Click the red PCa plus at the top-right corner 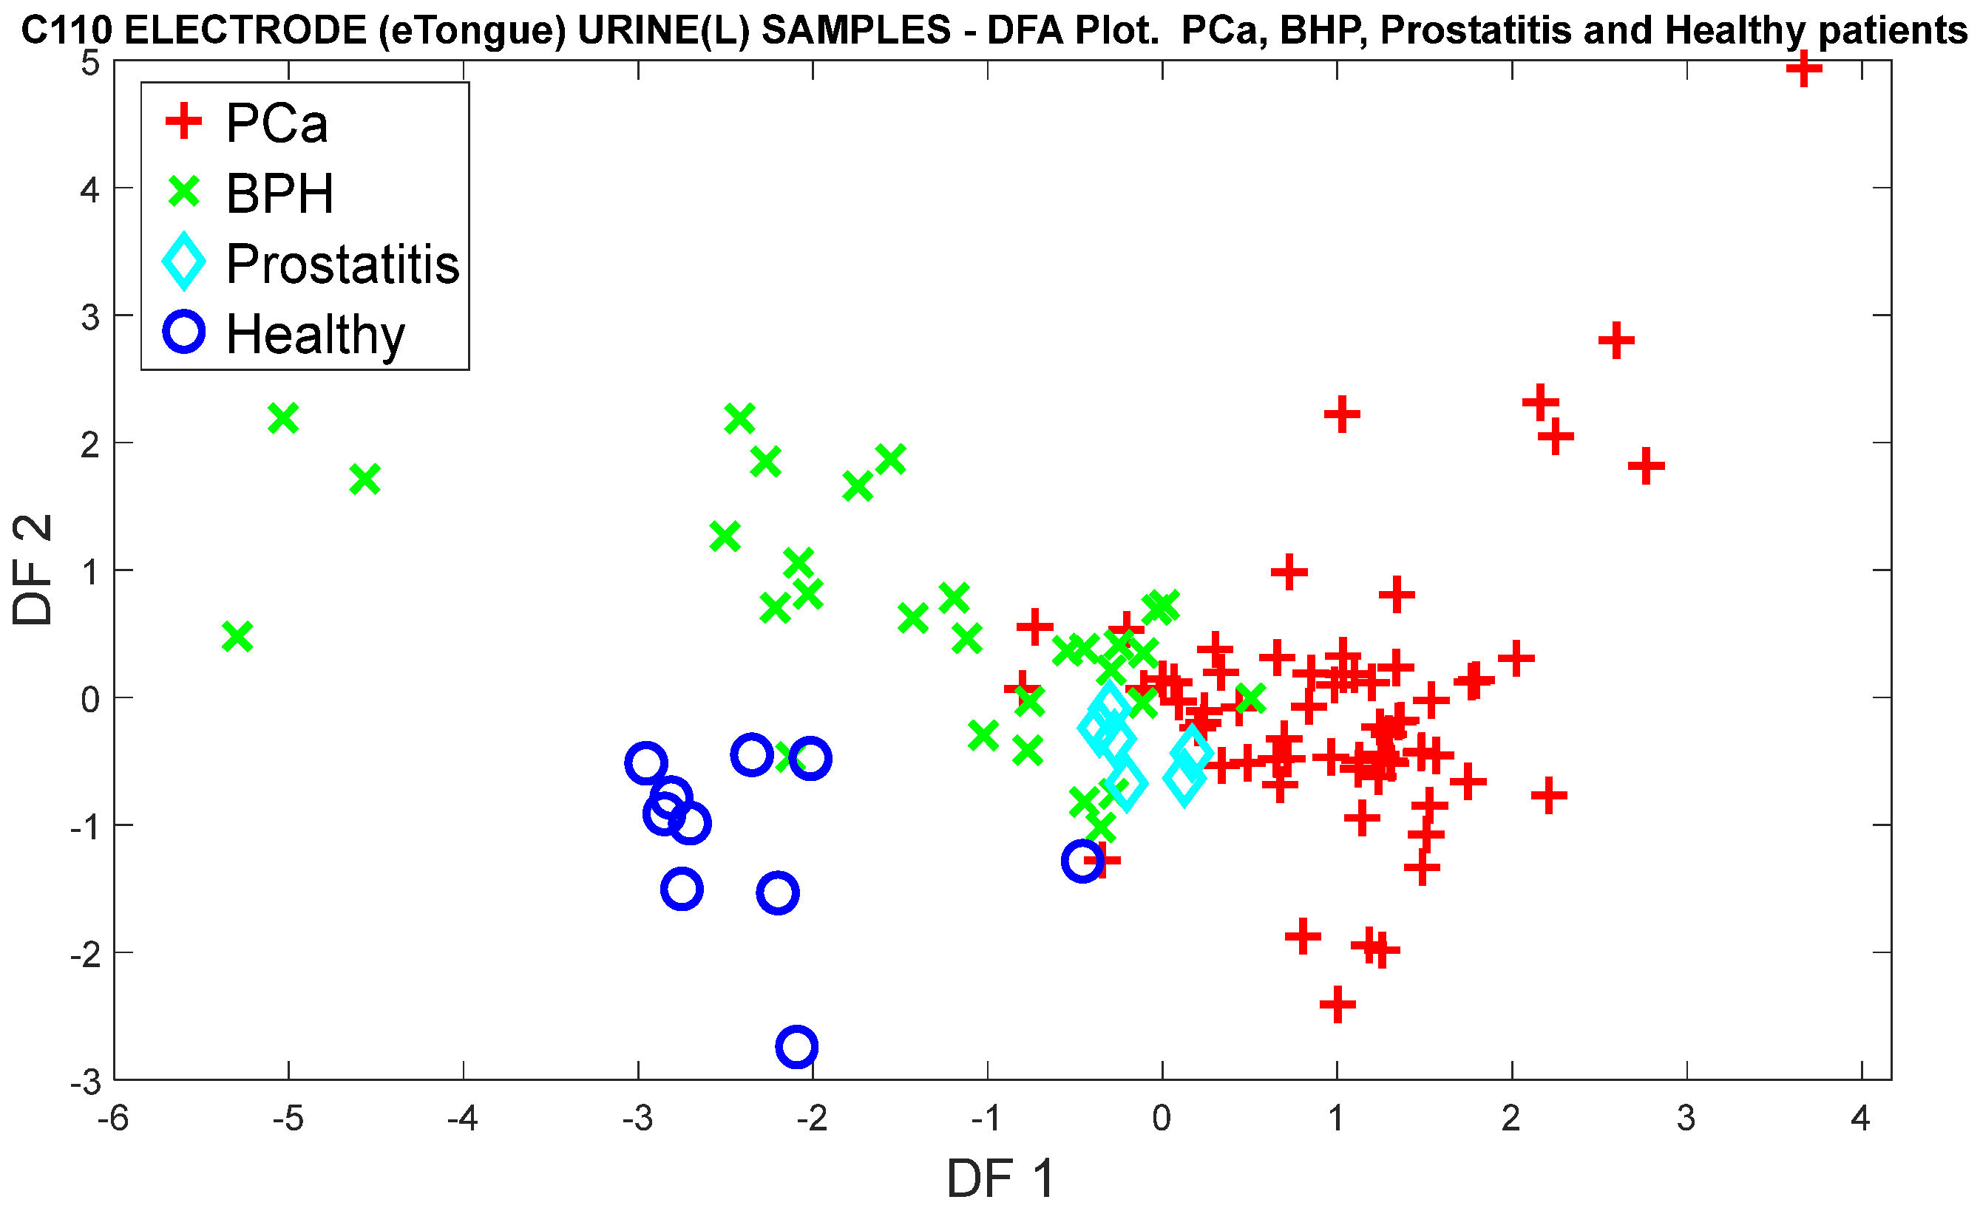coord(1803,68)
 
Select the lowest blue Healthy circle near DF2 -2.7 coord(796,1045)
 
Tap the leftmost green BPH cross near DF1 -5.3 coord(237,637)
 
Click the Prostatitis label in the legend coord(342,264)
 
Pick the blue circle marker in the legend coord(184,332)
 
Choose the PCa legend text coord(277,123)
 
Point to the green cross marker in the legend coord(184,193)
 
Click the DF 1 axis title coord(1000,1178)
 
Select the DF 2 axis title coord(32,570)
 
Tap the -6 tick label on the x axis coord(113,1118)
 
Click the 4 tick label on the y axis coord(90,191)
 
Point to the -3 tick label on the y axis coord(85,1082)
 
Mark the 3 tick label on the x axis coord(1686,1118)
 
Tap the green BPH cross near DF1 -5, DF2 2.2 coord(283,418)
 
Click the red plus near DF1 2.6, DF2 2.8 coord(1616,341)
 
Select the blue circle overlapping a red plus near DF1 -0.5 coord(1082,861)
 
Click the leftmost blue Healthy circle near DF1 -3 coord(645,762)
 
